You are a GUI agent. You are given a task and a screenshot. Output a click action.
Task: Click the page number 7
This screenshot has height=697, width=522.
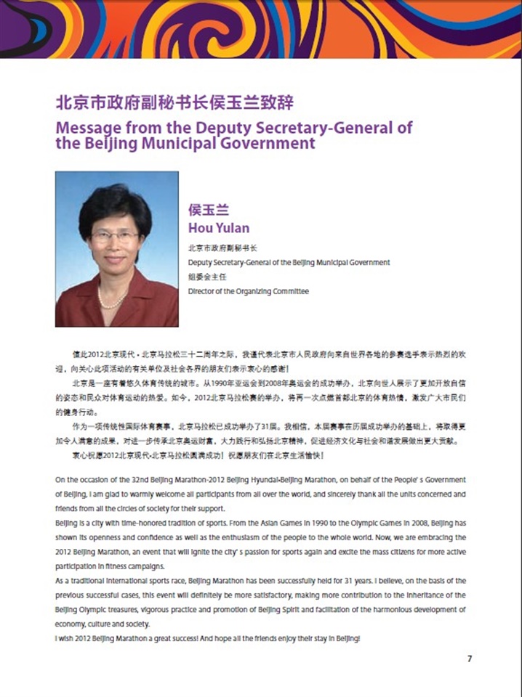470,659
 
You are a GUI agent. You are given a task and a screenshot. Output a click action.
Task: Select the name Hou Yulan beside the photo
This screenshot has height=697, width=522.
218,228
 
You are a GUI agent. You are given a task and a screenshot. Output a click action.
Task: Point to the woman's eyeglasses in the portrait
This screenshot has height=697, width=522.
114,236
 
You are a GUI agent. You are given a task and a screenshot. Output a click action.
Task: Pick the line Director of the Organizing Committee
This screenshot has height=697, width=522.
248,291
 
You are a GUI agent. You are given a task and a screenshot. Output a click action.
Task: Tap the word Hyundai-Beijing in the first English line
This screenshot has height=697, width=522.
292,480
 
